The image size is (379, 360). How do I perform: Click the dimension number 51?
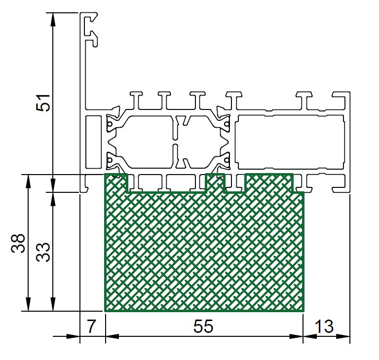pos(43,103)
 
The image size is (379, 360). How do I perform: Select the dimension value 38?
pos(18,243)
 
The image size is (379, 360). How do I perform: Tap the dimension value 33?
pos(43,252)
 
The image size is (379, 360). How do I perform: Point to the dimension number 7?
pos(91,326)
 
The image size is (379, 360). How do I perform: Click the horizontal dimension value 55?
pos(203,326)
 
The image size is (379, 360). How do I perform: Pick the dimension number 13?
pos(324,326)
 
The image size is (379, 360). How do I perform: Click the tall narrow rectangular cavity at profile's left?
pos(93,142)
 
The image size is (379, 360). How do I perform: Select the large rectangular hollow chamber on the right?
pos(290,142)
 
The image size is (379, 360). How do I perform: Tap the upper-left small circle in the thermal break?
pos(110,124)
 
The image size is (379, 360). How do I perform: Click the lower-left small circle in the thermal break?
pos(110,160)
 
